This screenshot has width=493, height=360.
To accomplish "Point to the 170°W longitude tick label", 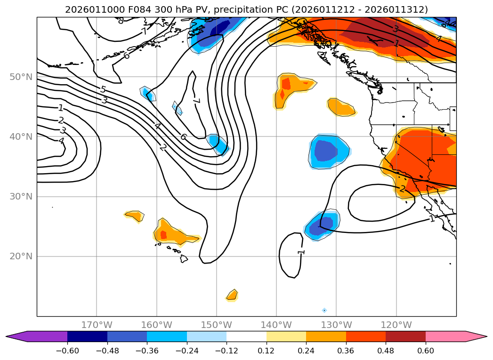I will click(97, 325).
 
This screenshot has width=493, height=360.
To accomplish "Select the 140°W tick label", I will click(276, 325).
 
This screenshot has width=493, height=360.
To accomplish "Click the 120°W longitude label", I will click(396, 325).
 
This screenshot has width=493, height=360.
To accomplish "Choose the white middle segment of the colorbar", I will click(246, 336).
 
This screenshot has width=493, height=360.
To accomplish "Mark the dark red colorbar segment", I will click(405, 336).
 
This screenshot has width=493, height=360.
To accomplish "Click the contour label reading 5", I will click(103, 89).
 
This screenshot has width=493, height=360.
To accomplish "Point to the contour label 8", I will click(121, 21).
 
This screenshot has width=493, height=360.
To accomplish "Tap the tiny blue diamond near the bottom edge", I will click(324, 310).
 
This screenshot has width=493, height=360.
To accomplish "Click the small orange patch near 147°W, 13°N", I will click(232, 295).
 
